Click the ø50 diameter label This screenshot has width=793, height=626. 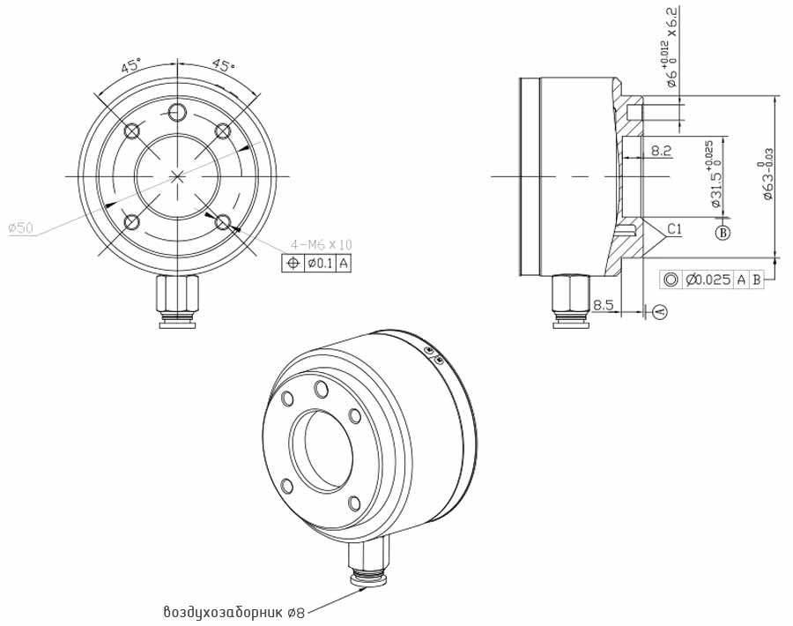[20, 228]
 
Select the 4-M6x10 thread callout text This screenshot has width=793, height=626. [322, 244]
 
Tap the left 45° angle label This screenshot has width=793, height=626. [131, 65]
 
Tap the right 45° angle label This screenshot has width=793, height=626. [223, 65]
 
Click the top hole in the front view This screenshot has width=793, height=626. [178, 112]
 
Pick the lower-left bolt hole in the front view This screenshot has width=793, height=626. [132, 221]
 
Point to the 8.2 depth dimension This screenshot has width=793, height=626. [661, 152]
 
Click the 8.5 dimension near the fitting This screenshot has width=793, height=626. [604, 304]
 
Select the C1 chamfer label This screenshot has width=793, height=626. [674, 229]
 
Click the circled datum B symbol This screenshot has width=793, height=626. [723, 233]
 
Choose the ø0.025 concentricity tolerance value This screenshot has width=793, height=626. [708, 279]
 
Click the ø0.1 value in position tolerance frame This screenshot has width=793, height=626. [319, 263]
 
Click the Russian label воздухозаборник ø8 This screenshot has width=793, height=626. [233, 611]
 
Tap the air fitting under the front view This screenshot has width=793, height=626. [178, 302]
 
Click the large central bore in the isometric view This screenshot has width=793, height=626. [320, 449]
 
